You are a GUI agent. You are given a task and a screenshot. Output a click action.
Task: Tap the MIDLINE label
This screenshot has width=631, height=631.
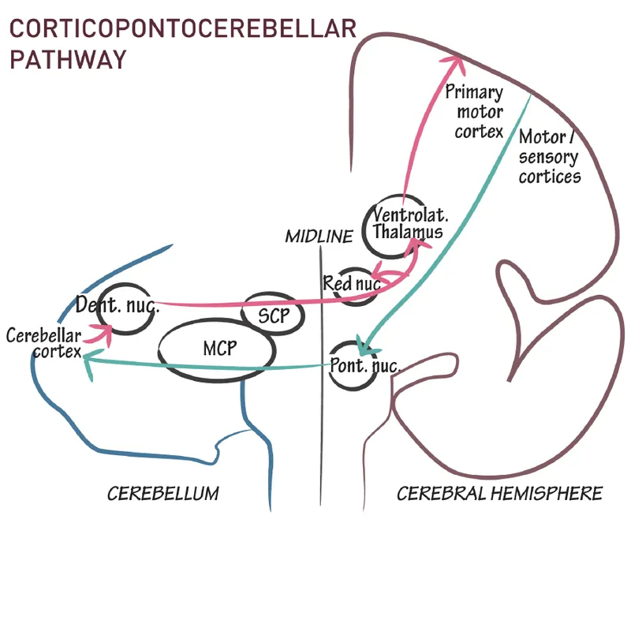319,237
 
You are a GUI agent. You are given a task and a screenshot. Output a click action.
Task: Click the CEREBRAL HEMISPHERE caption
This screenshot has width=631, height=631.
499,495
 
